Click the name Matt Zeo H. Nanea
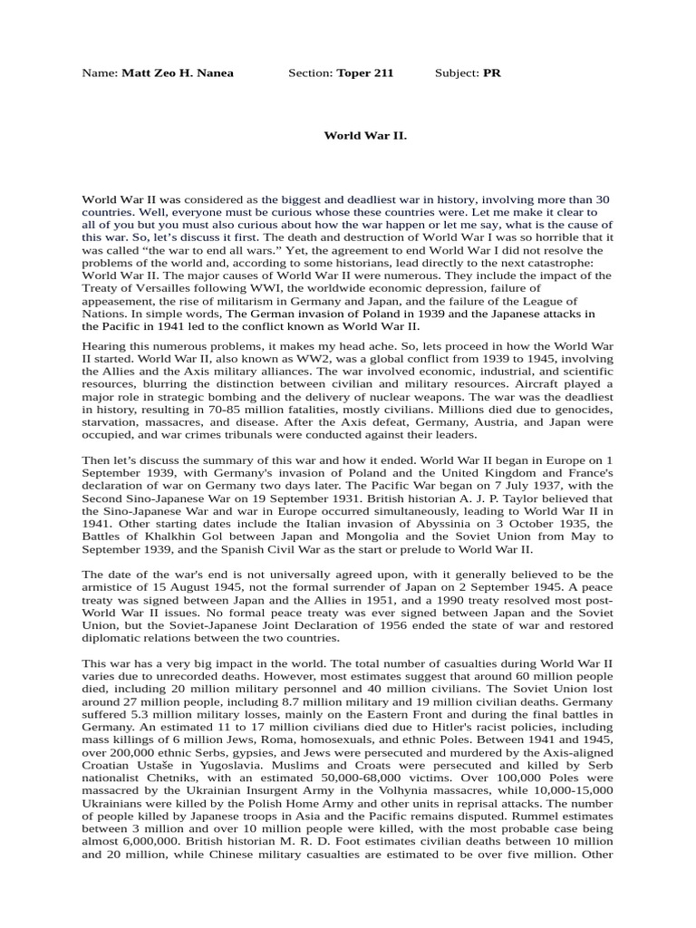pos(177,73)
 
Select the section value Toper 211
pos(364,73)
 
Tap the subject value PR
pos(492,73)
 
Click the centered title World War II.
pos(365,135)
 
